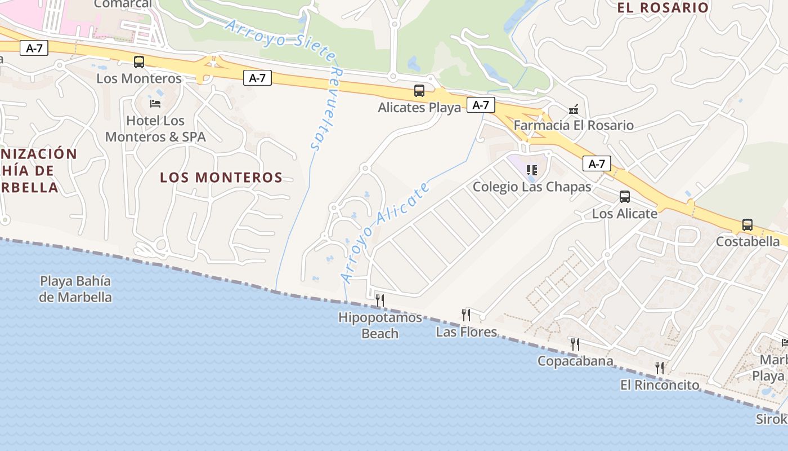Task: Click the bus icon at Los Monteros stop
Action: tap(138, 62)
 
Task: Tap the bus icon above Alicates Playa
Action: tap(419, 91)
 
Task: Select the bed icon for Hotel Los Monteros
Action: tap(155, 104)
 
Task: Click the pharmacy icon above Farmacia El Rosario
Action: tap(574, 109)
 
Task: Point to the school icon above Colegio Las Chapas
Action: tap(532, 170)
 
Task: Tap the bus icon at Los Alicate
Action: tap(624, 197)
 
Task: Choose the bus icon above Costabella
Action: tap(747, 225)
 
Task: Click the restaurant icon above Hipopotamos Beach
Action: tap(380, 300)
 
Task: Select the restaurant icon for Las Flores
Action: tap(466, 315)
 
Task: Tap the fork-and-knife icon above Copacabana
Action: tap(575, 344)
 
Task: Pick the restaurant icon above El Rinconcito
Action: tap(660, 368)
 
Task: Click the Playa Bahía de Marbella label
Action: tap(75, 289)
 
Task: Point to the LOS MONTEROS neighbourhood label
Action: tap(221, 178)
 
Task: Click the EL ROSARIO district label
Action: tap(662, 8)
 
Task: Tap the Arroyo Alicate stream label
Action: tap(386, 232)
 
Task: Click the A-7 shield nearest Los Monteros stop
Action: tap(34, 48)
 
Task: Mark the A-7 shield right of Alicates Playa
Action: tap(481, 105)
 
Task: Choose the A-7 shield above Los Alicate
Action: tap(596, 164)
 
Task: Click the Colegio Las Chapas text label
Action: tap(532, 187)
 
